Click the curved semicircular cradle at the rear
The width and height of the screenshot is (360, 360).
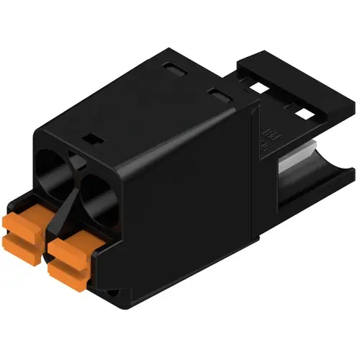pyautogui.click(x=317, y=180)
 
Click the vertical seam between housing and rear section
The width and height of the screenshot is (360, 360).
pyautogui.click(x=256, y=180)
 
